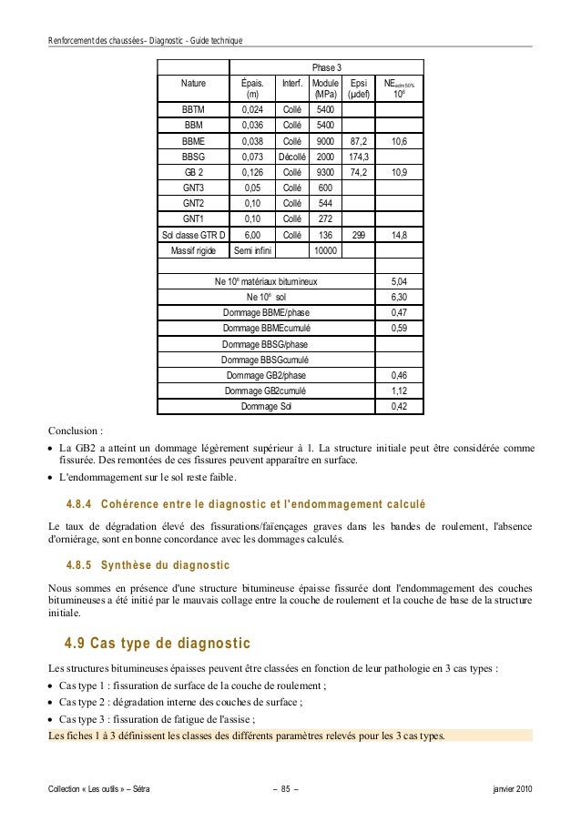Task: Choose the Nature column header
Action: coord(193,83)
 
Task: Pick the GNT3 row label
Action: coord(193,187)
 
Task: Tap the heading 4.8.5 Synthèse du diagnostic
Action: coord(148,565)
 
